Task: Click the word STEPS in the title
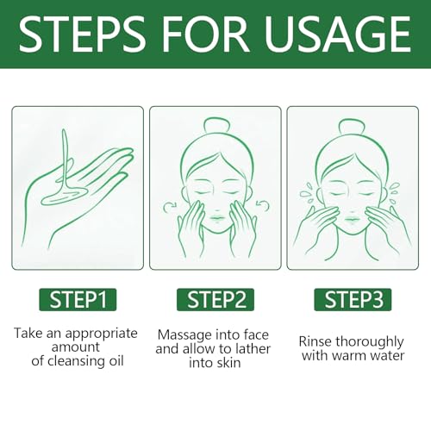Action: [x=82, y=34]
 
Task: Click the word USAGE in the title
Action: [x=338, y=34]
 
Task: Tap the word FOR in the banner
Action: [x=205, y=34]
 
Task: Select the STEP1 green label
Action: [x=78, y=300]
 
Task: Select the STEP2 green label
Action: [x=215, y=300]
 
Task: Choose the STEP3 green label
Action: [x=353, y=300]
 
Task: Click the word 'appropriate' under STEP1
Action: [x=101, y=334]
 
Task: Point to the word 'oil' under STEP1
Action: [x=116, y=361]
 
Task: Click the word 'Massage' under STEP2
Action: [x=184, y=335]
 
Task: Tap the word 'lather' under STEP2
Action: [x=253, y=349]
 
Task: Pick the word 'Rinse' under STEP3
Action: [x=315, y=341]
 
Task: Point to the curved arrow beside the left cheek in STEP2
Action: [x=170, y=207]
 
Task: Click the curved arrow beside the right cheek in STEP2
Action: [x=263, y=206]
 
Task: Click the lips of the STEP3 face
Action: [x=352, y=221]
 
